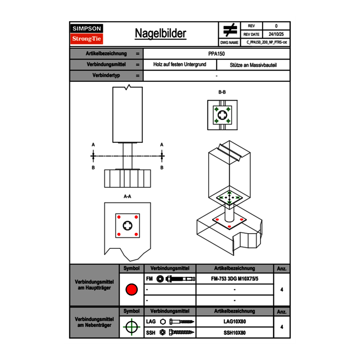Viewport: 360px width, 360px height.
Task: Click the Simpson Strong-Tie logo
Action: (x=87, y=34)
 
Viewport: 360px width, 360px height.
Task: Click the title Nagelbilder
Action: (x=160, y=34)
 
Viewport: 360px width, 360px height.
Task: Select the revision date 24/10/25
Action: (x=276, y=34)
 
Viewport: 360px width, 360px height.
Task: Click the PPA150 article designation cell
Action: (x=216, y=54)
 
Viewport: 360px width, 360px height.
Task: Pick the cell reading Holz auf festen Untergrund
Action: (x=180, y=65)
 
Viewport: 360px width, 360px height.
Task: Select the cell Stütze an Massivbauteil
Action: (x=253, y=65)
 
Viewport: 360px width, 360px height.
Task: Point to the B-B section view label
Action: (x=222, y=92)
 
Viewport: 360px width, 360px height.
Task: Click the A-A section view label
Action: (x=128, y=196)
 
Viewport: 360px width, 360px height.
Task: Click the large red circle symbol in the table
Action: (x=131, y=290)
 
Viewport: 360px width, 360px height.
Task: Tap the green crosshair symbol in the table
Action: (x=131, y=327)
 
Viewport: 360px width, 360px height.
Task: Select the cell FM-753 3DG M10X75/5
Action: (x=234, y=279)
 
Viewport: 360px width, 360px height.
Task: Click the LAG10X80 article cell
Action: (x=234, y=322)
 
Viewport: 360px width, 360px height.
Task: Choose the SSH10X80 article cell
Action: (x=234, y=333)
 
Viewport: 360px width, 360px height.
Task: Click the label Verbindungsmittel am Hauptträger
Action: (x=94, y=285)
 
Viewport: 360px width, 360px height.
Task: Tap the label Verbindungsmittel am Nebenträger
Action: (x=94, y=322)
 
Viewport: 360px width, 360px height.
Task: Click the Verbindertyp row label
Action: (x=106, y=75)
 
